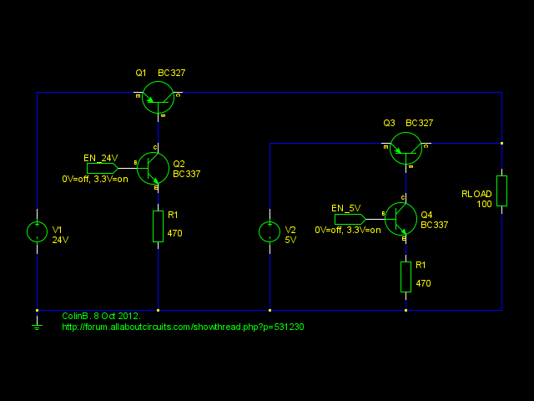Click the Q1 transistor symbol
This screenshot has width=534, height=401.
pos(158,97)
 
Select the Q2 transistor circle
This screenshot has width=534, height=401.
pos(153,168)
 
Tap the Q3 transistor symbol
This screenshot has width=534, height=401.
pos(406,148)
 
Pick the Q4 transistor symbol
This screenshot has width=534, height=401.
pos(400,219)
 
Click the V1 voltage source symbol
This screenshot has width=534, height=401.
pos(38,232)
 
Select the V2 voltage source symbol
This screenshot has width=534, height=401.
pos(270,232)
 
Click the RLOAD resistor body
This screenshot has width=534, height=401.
pos(501,190)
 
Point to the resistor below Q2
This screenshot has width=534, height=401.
pos(158,226)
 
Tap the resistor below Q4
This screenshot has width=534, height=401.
pos(406,277)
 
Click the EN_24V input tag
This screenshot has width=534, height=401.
pos(102,167)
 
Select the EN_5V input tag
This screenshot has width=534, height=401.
pos(350,219)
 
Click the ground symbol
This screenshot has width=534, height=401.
pos(37,324)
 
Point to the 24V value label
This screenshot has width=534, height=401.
pos(61,240)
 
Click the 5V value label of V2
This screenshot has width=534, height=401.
pos(290,240)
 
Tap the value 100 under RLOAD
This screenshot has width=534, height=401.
pos(484,204)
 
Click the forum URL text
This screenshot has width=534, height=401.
pos(183,327)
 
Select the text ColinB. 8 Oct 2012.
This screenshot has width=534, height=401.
pos(101,316)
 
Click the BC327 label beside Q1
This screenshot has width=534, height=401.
pos(171,73)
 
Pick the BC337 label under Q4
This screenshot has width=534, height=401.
pos(434,225)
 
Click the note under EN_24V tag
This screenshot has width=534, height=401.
pos(95,179)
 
